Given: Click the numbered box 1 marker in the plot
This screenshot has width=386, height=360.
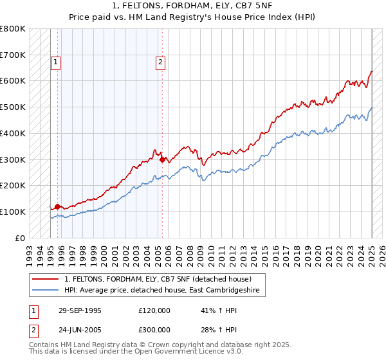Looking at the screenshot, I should point(57,62).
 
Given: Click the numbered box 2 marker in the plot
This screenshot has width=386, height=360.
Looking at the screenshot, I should point(160,62).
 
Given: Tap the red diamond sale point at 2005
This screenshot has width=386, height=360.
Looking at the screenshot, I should point(162,159).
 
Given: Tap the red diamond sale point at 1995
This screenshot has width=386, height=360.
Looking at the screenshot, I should point(57,206).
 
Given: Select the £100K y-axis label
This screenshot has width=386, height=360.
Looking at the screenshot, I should point(13,212).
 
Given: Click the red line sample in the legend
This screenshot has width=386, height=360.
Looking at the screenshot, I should point(45,279).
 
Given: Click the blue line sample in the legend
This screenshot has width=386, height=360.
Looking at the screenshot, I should point(45,291).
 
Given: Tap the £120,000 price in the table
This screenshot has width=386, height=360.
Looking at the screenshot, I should point(154,310).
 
